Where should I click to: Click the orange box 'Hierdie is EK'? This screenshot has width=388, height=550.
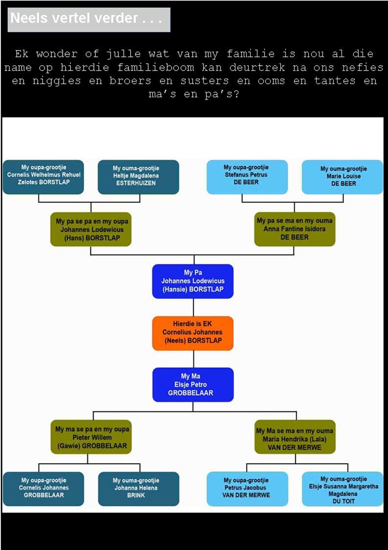tap(193, 333)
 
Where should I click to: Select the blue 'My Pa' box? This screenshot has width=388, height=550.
tap(193, 281)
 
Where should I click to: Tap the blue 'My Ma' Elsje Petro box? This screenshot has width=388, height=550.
tap(193, 384)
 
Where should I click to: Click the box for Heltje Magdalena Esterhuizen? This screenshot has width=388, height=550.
tap(138, 176)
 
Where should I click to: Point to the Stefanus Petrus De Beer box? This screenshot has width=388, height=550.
tap(247, 176)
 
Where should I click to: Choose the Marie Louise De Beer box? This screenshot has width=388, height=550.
tap(342, 176)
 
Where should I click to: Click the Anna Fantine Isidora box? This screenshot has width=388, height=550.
tap(295, 229)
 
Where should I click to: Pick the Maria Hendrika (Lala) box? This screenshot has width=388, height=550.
tap(295, 437)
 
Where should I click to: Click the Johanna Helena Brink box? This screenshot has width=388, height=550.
tap(138, 488)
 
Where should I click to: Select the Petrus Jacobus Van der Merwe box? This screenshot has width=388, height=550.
tap(247, 488)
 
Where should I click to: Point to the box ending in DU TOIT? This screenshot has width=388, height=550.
tap(342, 488)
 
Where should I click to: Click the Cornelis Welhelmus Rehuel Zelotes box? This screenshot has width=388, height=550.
tap(44, 176)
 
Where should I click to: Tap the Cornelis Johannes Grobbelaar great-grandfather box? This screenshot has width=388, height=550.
tap(44, 488)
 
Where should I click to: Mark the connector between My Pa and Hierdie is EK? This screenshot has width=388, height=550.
tap(193, 307)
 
